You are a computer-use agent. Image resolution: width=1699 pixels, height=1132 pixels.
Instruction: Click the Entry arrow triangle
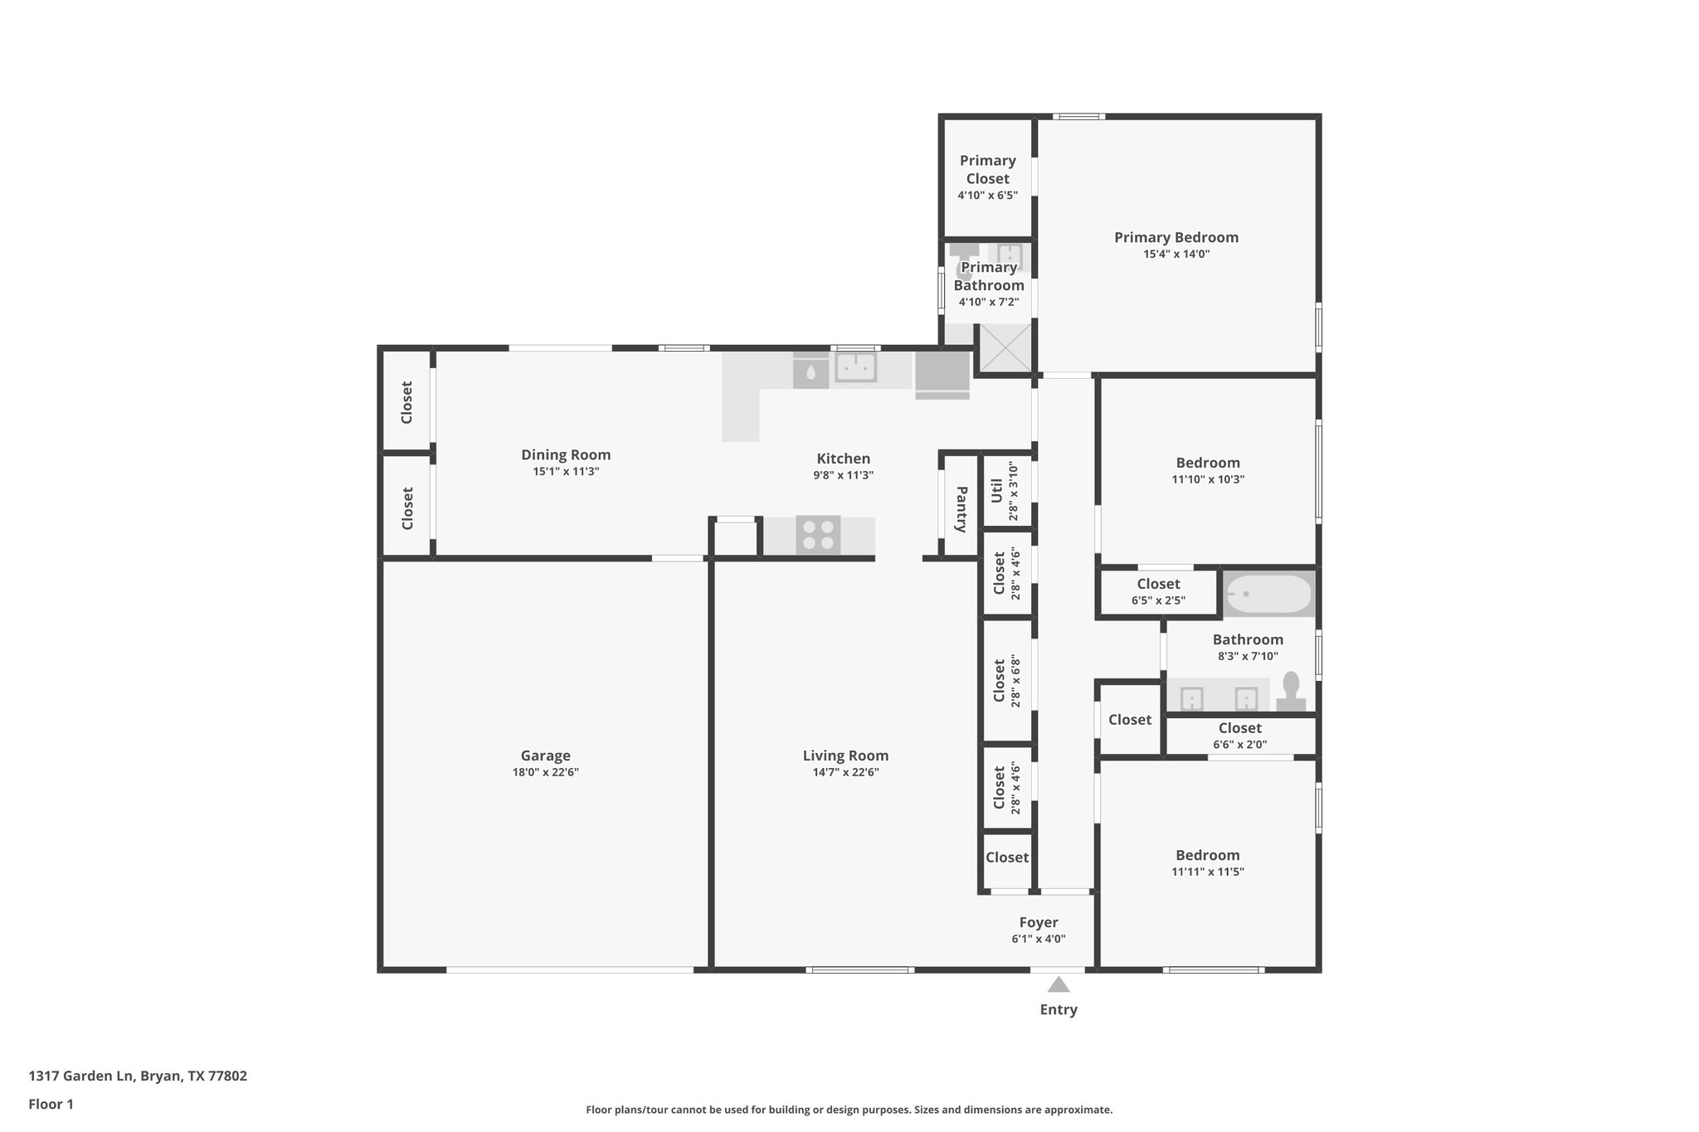click(x=1058, y=985)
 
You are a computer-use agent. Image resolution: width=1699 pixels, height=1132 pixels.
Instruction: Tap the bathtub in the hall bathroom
click(x=1268, y=594)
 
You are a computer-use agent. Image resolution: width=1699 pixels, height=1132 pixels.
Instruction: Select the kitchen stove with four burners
click(x=817, y=535)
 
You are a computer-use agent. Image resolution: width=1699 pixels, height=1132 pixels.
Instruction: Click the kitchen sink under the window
click(x=855, y=367)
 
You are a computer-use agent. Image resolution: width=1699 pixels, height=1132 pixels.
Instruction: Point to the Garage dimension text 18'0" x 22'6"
click(x=545, y=772)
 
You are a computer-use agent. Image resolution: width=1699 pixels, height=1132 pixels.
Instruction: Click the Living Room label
click(x=845, y=755)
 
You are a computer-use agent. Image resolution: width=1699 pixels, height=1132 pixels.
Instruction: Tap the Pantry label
click(x=961, y=509)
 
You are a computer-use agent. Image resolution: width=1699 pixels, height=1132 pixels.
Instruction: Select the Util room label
click(x=997, y=490)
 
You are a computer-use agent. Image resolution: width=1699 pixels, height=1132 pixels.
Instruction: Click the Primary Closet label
click(x=987, y=169)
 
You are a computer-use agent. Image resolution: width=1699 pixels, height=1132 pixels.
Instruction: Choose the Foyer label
click(x=1039, y=922)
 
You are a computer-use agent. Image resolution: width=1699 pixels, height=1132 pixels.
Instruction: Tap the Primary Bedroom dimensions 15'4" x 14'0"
click(x=1176, y=255)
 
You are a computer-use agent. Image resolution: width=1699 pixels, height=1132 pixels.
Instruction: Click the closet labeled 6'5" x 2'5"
click(x=1158, y=591)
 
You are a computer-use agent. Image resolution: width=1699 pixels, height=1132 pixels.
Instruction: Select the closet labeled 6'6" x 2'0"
click(x=1239, y=736)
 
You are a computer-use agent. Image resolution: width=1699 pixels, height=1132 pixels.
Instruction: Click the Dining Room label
click(x=566, y=454)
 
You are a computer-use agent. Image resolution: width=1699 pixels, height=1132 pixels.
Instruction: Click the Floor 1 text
click(x=51, y=1104)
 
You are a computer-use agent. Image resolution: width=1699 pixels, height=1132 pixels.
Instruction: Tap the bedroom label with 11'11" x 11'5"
click(x=1207, y=855)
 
